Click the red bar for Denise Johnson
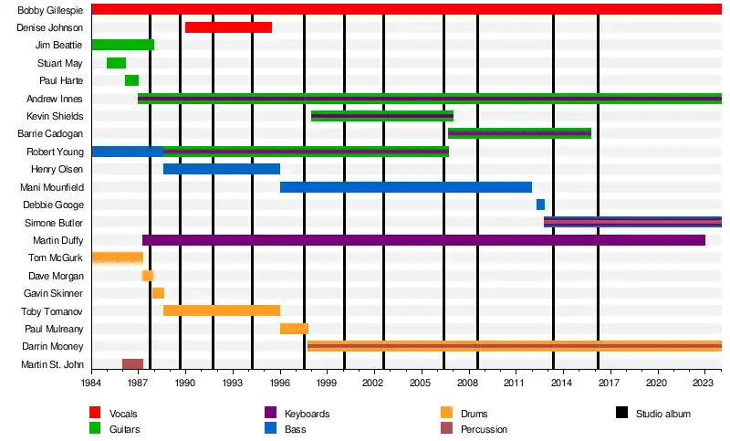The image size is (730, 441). click(x=228, y=27)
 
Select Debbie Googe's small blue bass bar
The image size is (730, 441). click(x=540, y=205)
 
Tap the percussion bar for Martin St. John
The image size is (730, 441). click(x=132, y=364)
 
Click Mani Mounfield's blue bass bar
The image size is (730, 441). click(x=405, y=187)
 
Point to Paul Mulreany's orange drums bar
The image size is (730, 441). click(x=294, y=329)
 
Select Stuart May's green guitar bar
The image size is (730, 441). click(x=116, y=63)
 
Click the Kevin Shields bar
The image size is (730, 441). click(x=381, y=116)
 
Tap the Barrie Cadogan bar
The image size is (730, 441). click(x=519, y=133)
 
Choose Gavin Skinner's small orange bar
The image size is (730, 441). click(x=158, y=293)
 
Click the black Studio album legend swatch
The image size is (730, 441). click(x=622, y=414)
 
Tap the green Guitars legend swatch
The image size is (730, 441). click(x=95, y=428)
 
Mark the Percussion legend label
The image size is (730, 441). click(x=484, y=429)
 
